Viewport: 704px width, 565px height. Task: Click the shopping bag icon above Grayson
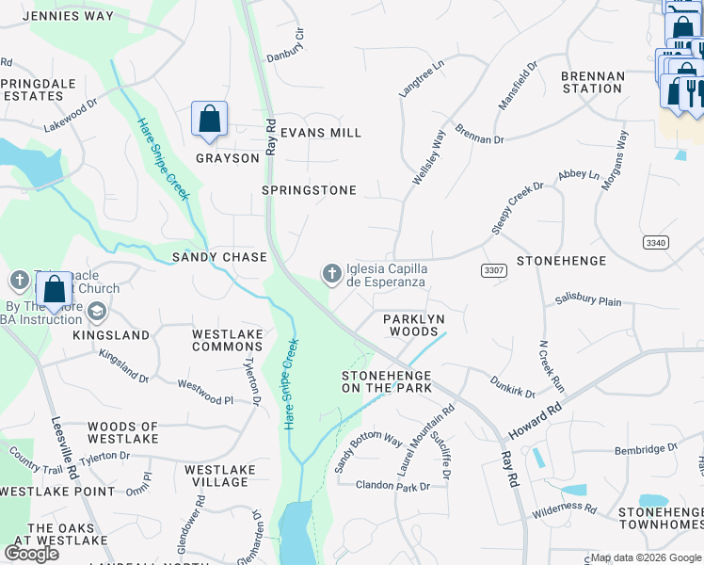point(209,121)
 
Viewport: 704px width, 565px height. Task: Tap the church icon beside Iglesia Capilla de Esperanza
point(331,274)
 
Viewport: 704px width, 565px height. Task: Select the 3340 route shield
point(656,243)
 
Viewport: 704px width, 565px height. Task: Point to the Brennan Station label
point(592,82)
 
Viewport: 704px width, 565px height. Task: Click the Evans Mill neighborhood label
point(321,133)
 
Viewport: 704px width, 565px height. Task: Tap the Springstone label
point(309,190)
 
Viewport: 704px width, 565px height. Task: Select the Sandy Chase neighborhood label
point(219,257)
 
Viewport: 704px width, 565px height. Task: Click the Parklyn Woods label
point(413,325)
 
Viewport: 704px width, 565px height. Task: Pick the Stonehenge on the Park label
point(386,381)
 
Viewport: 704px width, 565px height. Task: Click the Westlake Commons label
point(227,340)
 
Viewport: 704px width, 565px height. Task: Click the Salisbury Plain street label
point(588,301)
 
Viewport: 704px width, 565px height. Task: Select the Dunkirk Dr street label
point(513,386)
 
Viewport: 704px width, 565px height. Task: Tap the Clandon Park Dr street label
point(392,486)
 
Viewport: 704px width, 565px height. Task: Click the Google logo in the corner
point(31,554)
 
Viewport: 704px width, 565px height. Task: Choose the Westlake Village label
point(216,476)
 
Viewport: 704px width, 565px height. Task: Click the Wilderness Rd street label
point(564,509)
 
